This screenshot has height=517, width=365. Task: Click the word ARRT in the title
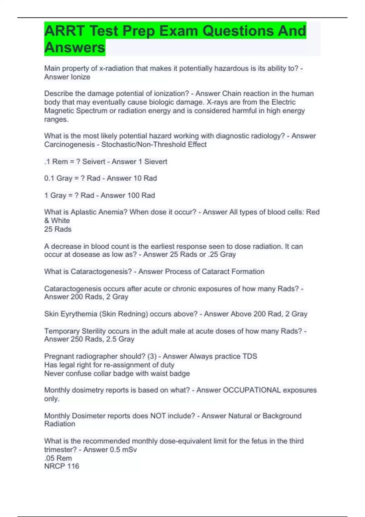pyautogui.click(x=64, y=31)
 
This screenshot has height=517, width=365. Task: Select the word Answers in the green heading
pyautogui.click(x=75, y=47)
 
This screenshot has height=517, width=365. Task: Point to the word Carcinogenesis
pyautogui.click(x=69, y=144)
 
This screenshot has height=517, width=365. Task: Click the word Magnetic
pyautogui.click(x=59, y=111)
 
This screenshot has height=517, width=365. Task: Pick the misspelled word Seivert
pyautogui.click(x=94, y=161)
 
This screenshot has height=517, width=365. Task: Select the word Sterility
pyautogui.click(x=94, y=331)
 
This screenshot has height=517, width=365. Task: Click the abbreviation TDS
pyautogui.click(x=250, y=356)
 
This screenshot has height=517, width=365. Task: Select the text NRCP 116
pyautogui.click(x=62, y=466)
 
